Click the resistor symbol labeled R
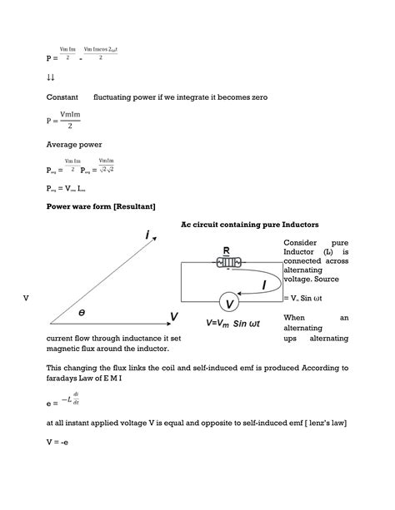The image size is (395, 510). (x=227, y=261)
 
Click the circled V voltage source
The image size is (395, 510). (x=229, y=304)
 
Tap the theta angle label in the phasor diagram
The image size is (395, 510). (x=82, y=313)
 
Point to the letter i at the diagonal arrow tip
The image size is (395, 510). (x=147, y=235)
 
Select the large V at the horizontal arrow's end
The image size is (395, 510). (x=174, y=316)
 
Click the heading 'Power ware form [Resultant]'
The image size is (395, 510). (x=101, y=205)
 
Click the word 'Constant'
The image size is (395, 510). (x=62, y=97)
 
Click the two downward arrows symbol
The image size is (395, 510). (x=50, y=77)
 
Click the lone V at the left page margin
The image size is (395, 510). (x=26, y=298)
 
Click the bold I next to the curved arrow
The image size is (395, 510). (x=264, y=285)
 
